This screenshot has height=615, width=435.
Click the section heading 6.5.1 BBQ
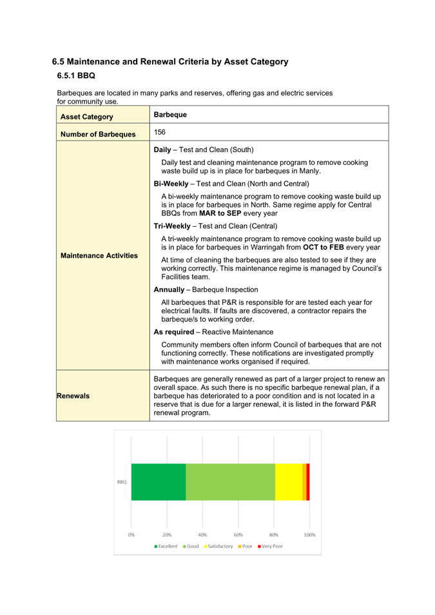click(x=76, y=76)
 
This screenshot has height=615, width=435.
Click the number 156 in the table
click(x=160, y=132)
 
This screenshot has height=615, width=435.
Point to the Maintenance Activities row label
click(x=99, y=256)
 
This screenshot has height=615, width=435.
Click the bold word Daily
click(x=166, y=150)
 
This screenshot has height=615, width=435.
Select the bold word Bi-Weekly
click(x=174, y=184)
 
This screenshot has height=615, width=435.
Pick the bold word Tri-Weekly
click(x=175, y=226)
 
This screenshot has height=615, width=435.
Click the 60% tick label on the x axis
click(x=238, y=534)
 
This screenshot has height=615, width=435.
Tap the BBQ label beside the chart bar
click(x=121, y=482)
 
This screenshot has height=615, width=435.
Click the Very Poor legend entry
click(x=270, y=546)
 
